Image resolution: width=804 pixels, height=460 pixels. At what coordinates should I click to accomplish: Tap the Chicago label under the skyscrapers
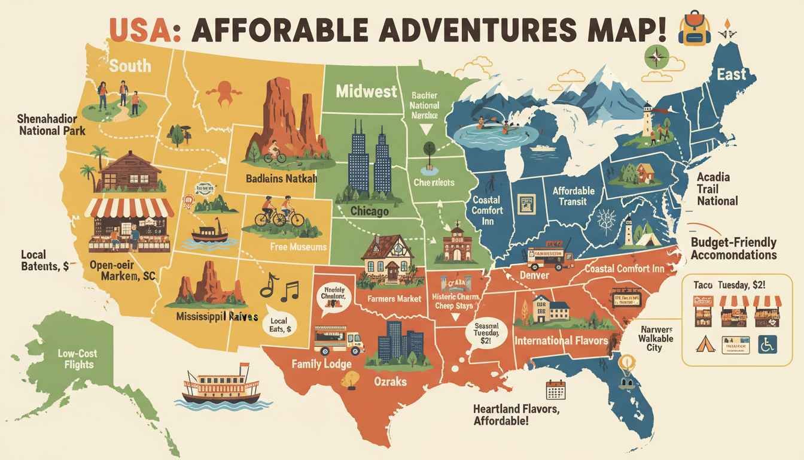click(x=368, y=211)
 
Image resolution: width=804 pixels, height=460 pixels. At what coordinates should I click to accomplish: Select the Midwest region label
click(x=366, y=92)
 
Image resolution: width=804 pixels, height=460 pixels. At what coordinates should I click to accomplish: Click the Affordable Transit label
click(x=573, y=196)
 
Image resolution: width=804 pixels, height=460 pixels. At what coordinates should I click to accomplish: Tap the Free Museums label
click(x=298, y=246)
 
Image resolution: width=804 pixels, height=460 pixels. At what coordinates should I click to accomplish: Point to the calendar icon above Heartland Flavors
click(x=556, y=390)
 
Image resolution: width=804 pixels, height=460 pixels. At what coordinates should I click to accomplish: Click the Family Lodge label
click(x=321, y=364)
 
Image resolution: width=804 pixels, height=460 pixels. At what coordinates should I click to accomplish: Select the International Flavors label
click(x=561, y=341)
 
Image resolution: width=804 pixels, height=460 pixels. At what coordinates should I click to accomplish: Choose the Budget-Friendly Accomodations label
click(x=733, y=249)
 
